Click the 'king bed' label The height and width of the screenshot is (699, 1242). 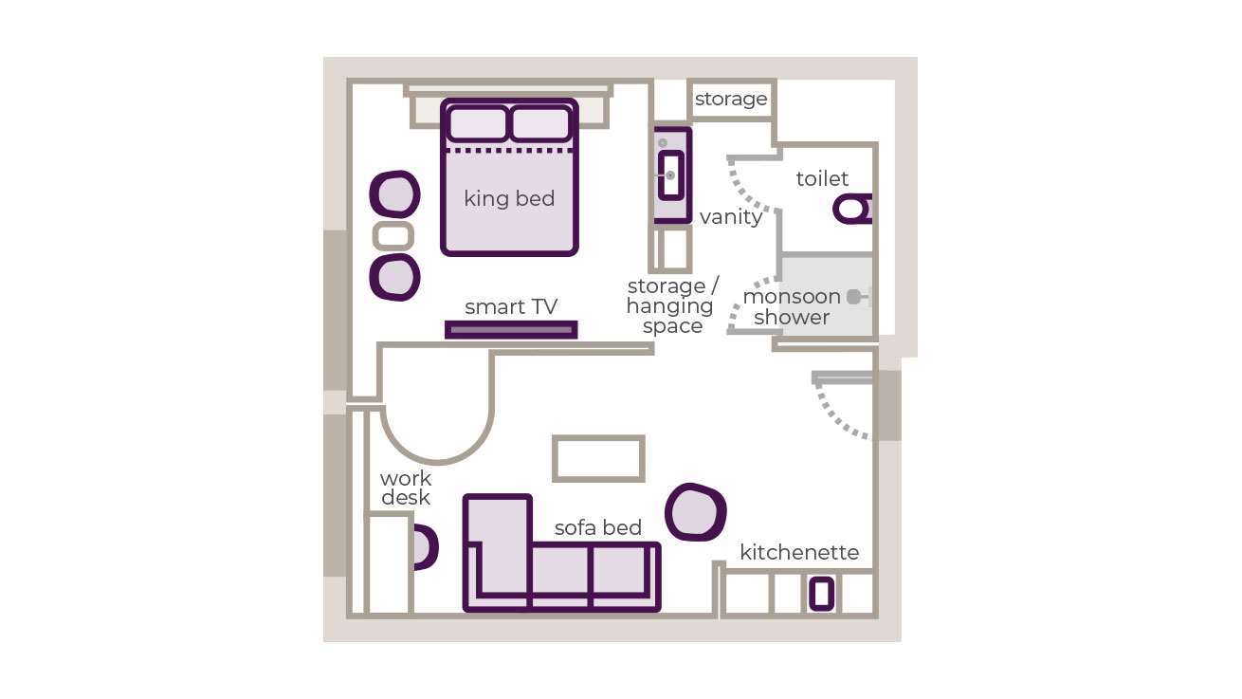pos(509,199)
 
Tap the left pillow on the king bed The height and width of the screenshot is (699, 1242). pos(477,124)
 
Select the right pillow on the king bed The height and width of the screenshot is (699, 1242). pos(540,124)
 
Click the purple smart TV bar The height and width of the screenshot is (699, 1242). pos(511,330)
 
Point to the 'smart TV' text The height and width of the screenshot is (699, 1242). pos(511,306)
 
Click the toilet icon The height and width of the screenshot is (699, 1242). pos(852,209)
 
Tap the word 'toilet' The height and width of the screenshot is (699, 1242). pos(822,179)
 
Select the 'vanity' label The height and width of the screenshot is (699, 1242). pos(730,217)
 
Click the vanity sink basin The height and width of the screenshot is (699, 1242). pos(671,175)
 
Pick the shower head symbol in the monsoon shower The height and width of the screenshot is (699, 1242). pos(855,297)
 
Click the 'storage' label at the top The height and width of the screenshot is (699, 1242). pos(730,99)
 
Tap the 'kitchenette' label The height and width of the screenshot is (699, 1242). pos(799,552)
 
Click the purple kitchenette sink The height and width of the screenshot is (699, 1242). pos(821,594)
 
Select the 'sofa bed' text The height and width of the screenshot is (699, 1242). pos(597,527)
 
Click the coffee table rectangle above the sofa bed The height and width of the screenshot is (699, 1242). pos(598,459)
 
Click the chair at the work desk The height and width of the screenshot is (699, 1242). pos(424,547)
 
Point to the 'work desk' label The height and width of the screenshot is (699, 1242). pos(406,487)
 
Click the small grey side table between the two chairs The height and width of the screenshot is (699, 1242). pos(393,235)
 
